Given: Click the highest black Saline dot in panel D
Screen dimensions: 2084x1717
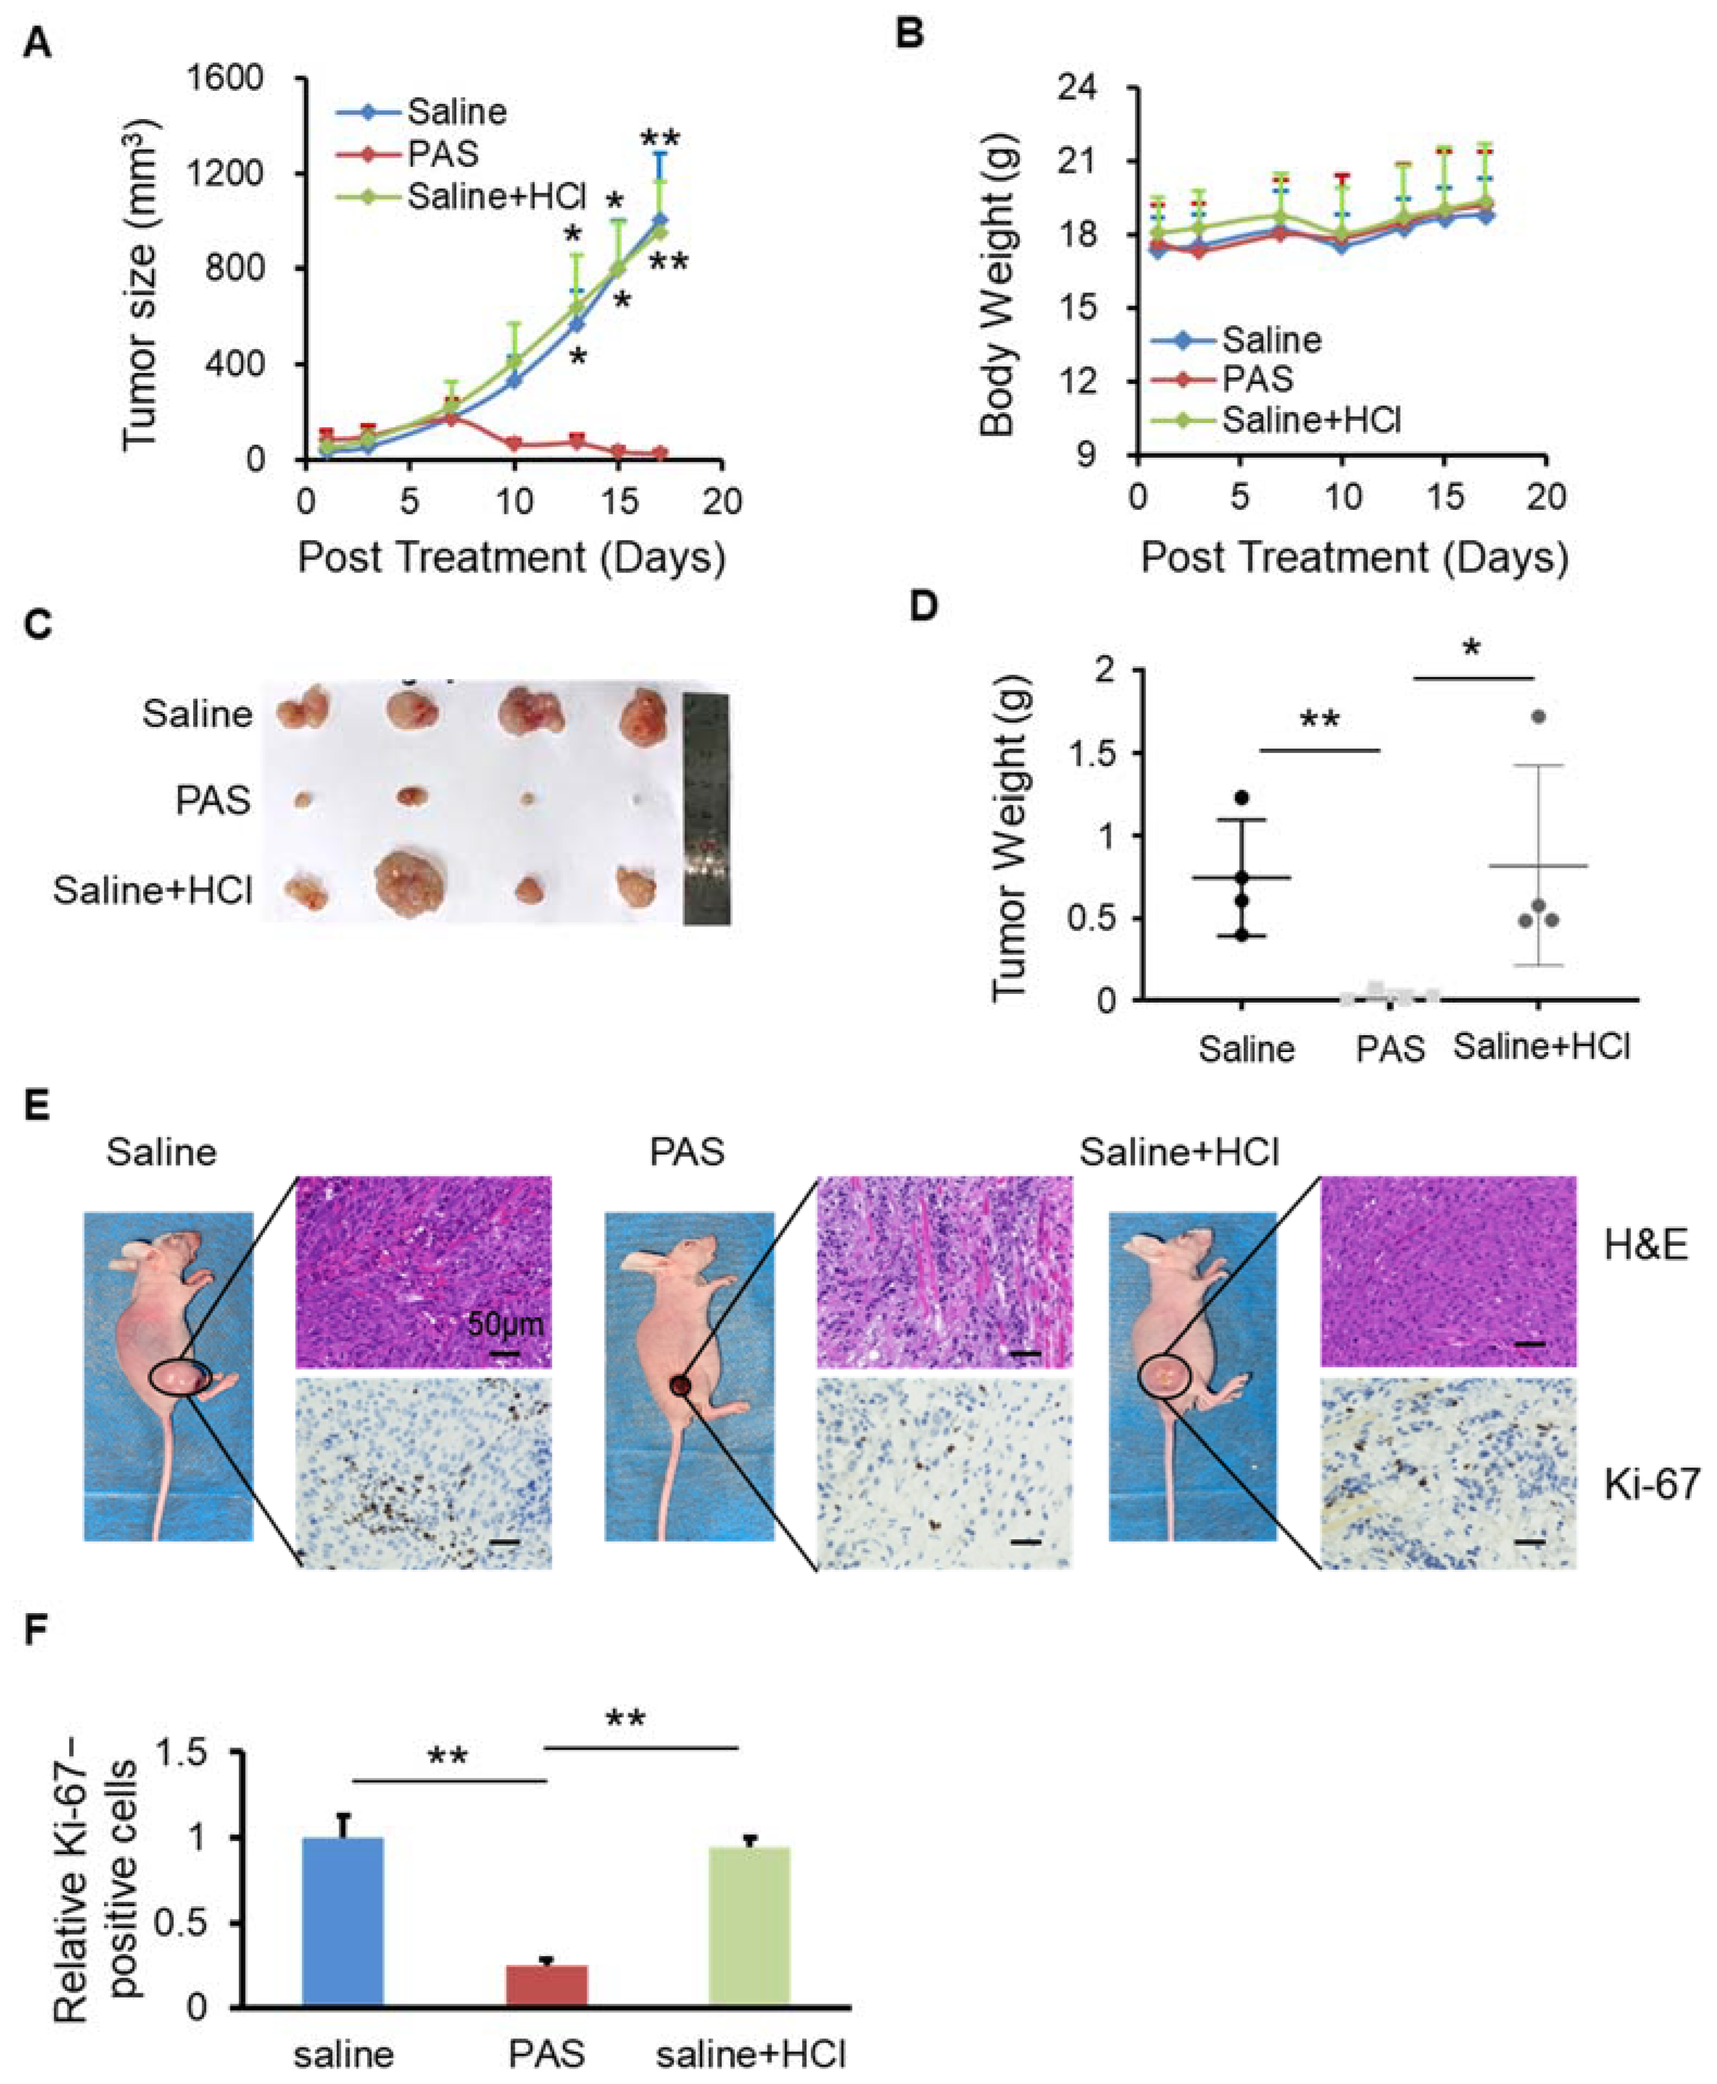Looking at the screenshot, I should pyautogui.click(x=1242, y=797).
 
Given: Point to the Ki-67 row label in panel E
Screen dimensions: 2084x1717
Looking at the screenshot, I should pyautogui.click(x=1651, y=1484).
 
